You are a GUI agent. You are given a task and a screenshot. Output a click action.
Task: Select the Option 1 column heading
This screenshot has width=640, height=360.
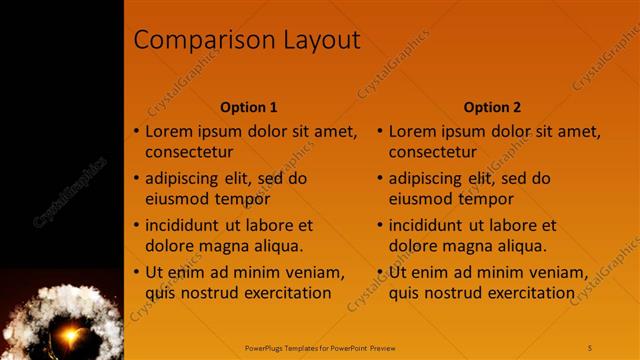click(249, 107)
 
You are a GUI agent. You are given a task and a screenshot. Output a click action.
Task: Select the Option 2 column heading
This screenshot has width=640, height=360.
click(492, 107)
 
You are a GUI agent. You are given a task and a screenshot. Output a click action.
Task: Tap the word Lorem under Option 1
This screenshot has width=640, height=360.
click(168, 131)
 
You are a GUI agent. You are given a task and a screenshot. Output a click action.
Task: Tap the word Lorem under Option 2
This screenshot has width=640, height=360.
click(411, 131)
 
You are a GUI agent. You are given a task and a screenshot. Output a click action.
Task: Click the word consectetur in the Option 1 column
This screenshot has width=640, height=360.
click(189, 153)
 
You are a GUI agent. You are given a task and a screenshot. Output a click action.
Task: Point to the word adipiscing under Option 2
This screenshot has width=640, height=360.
click(426, 179)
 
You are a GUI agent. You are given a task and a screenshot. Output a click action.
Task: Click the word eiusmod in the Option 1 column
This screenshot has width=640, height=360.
click(175, 199)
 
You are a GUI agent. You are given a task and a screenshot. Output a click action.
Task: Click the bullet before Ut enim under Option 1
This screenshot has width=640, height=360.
click(137, 273)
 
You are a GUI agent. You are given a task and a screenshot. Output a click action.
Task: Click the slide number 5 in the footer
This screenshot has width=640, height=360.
click(590, 347)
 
